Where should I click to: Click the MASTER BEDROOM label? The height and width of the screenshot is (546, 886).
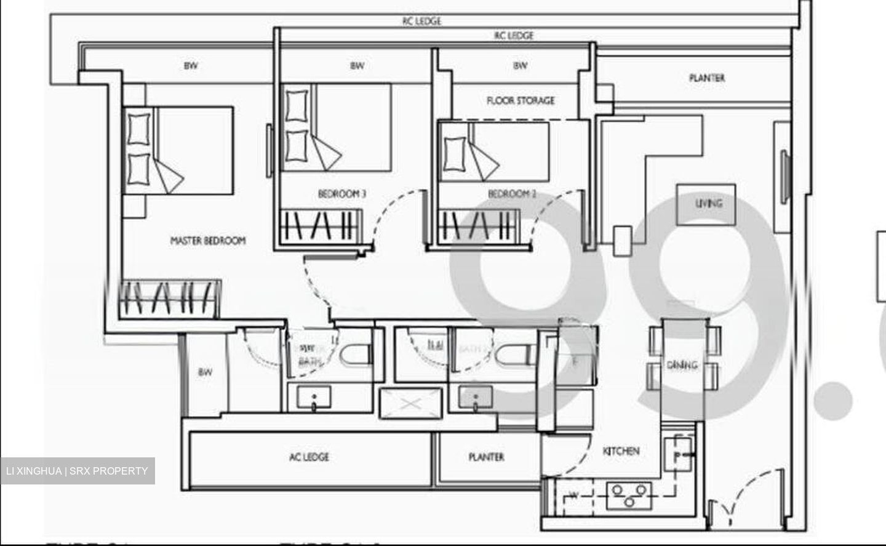pyautogui.click(x=207, y=241)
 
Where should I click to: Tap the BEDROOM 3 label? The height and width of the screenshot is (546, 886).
pyautogui.click(x=341, y=194)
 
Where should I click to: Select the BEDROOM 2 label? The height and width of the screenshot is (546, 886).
pyautogui.click(x=512, y=194)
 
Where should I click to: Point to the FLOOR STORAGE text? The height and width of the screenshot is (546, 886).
pyautogui.click(x=521, y=100)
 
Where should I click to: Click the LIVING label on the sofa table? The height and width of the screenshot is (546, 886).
pyautogui.click(x=708, y=203)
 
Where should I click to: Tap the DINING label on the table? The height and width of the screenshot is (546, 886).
pyautogui.click(x=682, y=365)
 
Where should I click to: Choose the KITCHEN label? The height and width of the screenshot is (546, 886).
pyautogui.click(x=621, y=451)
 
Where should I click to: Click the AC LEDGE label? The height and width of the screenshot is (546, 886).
pyautogui.click(x=309, y=457)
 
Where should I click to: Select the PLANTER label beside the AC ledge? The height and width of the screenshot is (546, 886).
pyautogui.click(x=486, y=457)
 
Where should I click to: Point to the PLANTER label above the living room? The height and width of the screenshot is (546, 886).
pyautogui.click(x=706, y=78)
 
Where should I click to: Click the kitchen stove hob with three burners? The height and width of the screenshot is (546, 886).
pyautogui.click(x=628, y=496)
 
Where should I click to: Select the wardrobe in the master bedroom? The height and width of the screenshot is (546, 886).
pyautogui.click(x=169, y=299)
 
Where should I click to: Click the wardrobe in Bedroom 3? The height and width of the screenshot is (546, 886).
pyautogui.click(x=320, y=226)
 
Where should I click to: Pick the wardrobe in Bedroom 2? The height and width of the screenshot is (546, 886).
pyautogui.click(x=477, y=226)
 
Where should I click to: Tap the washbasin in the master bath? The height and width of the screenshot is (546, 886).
pyautogui.click(x=314, y=398)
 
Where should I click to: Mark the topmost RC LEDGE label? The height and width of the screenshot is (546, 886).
pyautogui.click(x=421, y=21)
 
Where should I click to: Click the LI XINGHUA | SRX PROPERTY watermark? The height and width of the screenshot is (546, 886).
pyautogui.click(x=77, y=472)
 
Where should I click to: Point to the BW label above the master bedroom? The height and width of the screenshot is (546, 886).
pyautogui.click(x=191, y=65)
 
